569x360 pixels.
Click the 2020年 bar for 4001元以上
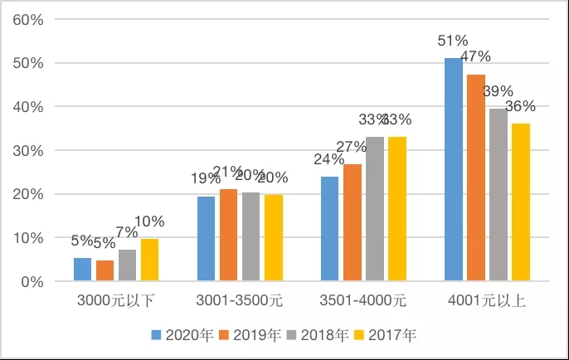(453, 170)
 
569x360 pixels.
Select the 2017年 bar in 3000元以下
(149, 260)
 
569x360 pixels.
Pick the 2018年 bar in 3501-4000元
(376, 209)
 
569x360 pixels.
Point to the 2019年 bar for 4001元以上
(476, 178)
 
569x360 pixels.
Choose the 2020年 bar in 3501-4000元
(330, 229)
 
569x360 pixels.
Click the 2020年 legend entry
(182, 335)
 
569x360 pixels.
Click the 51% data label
(454, 40)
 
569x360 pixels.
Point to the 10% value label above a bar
(150, 221)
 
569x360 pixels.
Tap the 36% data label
(520, 106)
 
